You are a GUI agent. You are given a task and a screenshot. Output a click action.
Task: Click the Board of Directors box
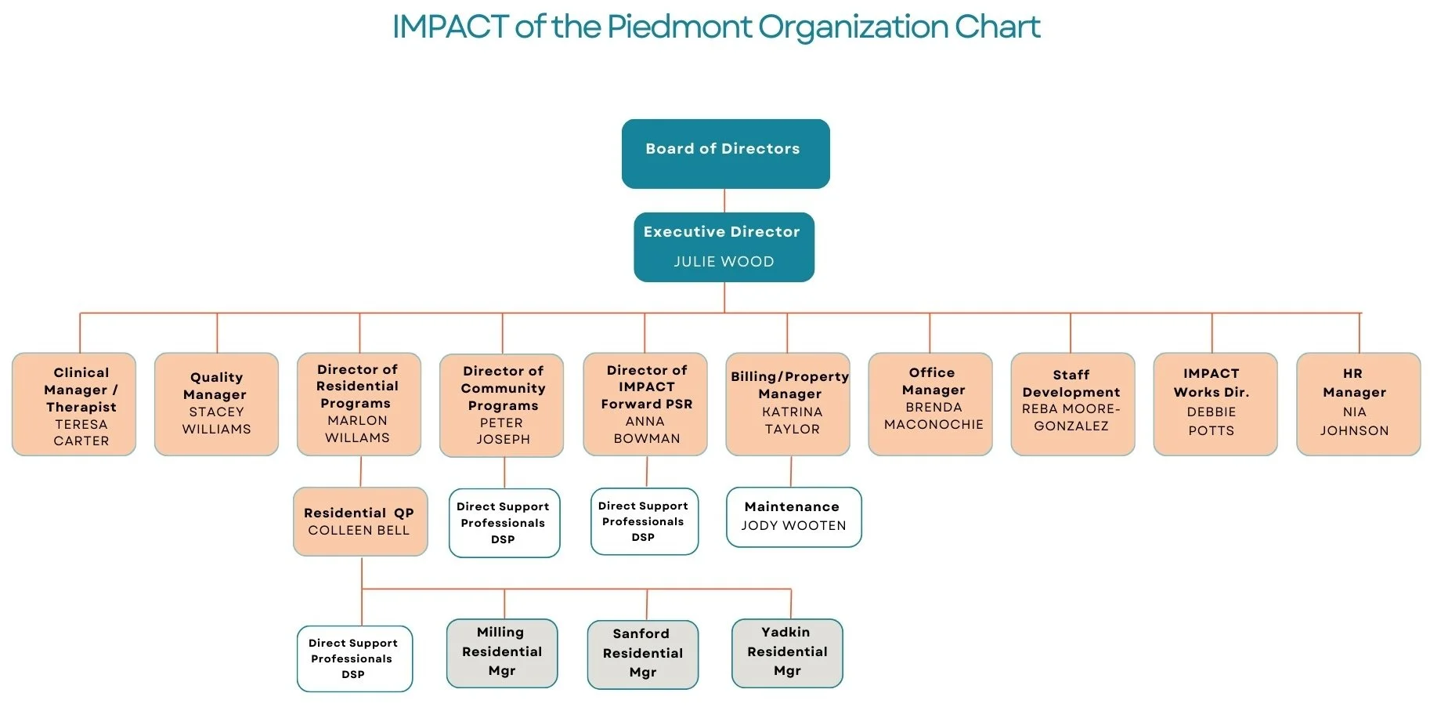point(725,154)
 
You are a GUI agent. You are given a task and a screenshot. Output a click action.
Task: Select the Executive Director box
point(724,246)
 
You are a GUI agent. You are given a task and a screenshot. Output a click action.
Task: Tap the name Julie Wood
point(724,262)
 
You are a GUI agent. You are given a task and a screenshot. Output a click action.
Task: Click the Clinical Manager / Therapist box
point(74,404)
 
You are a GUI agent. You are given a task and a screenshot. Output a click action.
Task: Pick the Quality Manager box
point(216,404)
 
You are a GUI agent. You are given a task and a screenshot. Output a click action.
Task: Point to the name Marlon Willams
point(357,430)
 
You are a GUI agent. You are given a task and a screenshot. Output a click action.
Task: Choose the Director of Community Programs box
point(502,405)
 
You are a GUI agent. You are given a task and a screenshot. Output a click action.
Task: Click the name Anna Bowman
point(646,430)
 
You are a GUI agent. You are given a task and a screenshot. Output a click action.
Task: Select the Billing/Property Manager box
point(788,404)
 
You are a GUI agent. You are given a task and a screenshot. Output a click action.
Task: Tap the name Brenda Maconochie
point(933,416)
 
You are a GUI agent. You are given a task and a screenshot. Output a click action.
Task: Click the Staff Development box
point(1072,404)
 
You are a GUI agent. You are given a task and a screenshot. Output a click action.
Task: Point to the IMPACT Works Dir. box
point(1215,404)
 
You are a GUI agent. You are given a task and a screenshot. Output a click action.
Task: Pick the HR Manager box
point(1358,404)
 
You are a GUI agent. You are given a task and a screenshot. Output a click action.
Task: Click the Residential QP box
point(360,521)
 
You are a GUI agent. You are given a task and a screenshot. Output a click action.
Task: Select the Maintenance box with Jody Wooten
point(793,517)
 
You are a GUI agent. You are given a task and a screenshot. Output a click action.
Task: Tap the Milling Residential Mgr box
point(502,653)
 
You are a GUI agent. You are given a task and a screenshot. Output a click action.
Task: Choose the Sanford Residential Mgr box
point(643,655)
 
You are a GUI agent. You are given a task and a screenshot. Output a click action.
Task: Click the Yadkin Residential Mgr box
point(787,653)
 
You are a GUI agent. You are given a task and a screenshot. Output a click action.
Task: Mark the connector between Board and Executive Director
point(724,201)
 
